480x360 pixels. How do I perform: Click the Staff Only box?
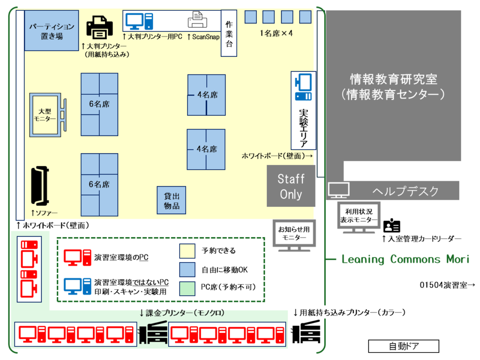point(291,186)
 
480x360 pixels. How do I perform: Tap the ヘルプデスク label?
point(405,191)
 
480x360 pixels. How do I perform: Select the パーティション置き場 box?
point(52,31)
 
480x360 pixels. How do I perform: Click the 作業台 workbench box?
point(229,33)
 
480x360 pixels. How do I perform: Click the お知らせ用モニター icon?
point(294,233)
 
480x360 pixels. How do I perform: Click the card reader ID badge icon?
point(392,226)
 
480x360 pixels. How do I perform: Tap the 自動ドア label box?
point(404,346)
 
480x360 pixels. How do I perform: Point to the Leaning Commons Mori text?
point(405,259)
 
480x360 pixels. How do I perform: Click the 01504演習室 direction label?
point(448,285)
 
